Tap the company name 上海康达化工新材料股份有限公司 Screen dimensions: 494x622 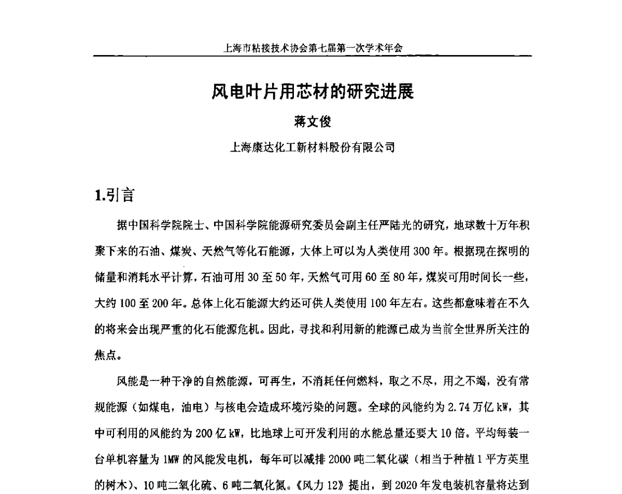pyautogui.click(x=312, y=147)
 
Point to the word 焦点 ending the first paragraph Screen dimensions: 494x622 pyautogui.click(x=105, y=355)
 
